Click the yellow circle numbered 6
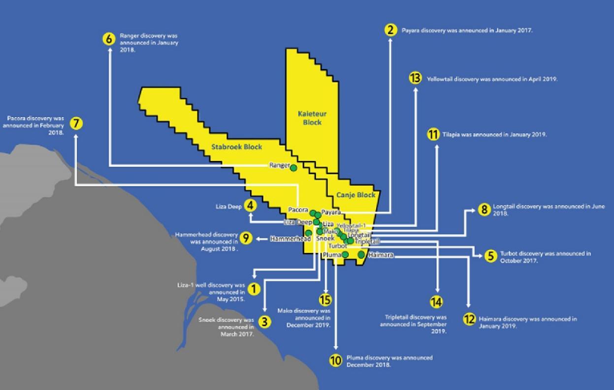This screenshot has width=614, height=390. coord(109,39)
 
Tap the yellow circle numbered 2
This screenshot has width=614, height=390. coord(391,30)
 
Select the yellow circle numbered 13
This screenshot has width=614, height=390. coord(415,78)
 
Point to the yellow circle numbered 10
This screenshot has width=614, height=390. coord(336,360)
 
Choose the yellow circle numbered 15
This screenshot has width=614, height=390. coord(325,300)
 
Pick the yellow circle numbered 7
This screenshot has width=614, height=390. coord(76,123)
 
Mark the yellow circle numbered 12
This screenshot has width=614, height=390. coord(469,319)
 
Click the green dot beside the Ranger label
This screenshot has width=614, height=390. coord(293,168)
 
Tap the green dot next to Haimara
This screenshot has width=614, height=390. coord(361,255)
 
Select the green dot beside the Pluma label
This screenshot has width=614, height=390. coord(345,255)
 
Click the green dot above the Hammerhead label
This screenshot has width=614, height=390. coord(308,233)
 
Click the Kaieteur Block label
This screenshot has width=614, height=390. coord(312,118)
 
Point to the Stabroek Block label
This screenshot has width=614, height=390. coord(236,147)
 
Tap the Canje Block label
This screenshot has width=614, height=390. coord(355,195)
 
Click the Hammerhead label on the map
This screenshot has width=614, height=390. coord(291,239)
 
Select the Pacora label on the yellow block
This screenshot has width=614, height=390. coord(298,210)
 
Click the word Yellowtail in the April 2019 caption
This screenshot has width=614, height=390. coord(440,79)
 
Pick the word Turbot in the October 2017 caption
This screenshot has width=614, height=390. coord(509,254)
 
